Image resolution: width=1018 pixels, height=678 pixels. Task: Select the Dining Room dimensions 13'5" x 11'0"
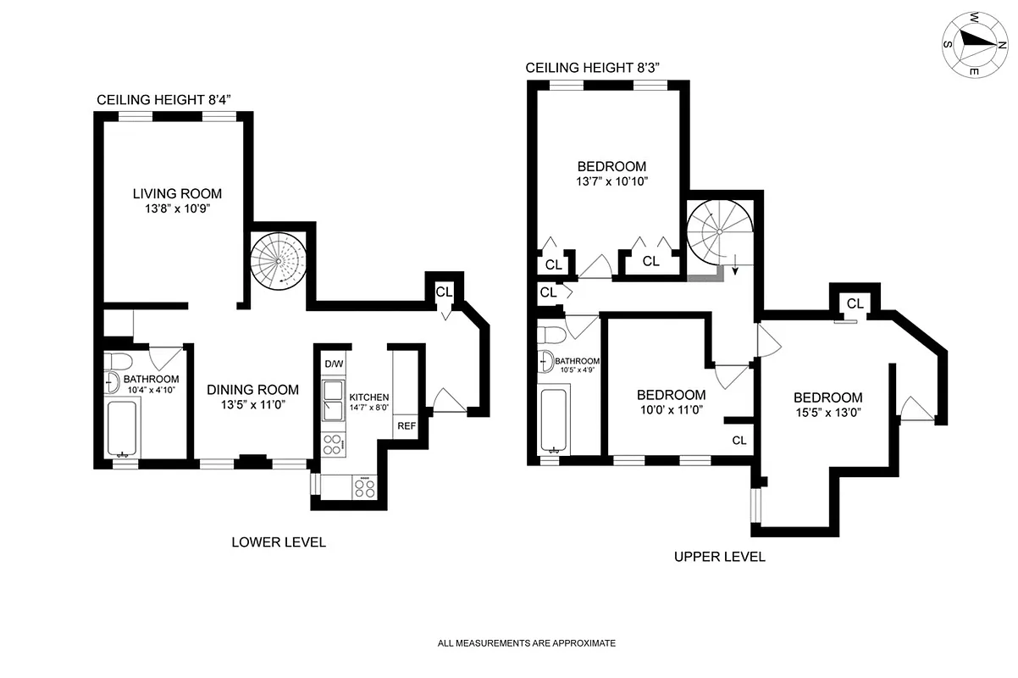click(253, 405)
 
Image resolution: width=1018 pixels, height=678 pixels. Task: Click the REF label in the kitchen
click(407, 425)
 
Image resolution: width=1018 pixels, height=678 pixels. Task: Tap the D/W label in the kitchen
click(334, 364)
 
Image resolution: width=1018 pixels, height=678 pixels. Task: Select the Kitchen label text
click(369, 397)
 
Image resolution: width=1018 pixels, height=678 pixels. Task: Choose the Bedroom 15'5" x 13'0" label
click(827, 397)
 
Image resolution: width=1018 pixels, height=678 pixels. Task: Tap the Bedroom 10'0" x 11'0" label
click(671, 395)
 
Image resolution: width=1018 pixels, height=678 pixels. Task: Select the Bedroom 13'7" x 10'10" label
click(611, 167)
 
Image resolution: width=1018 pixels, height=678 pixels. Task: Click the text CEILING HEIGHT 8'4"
click(163, 100)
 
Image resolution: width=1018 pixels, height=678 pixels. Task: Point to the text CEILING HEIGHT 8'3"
click(593, 68)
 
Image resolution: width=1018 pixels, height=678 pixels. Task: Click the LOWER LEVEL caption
click(279, 542)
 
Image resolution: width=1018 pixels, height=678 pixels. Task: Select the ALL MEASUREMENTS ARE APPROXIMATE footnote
click(526, 643)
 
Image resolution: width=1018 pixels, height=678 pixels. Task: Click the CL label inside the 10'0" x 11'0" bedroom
click(739, 441)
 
